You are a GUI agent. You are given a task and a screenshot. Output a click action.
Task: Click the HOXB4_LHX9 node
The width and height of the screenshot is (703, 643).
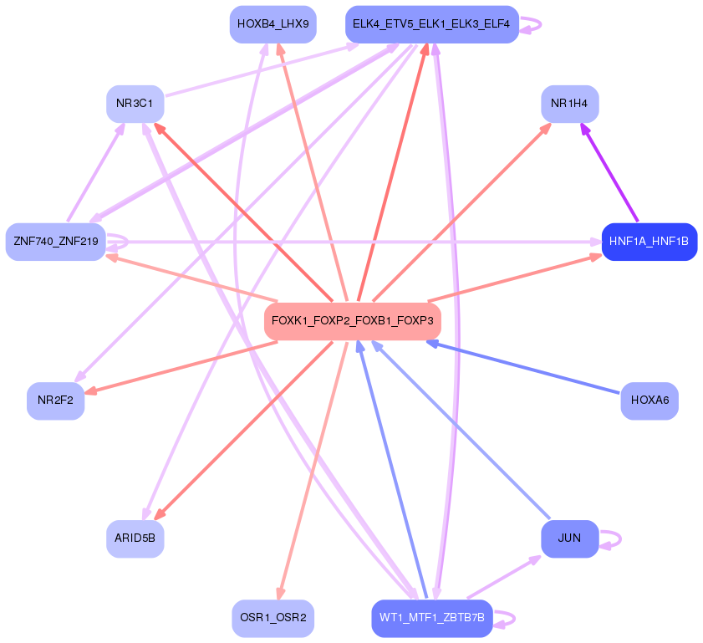273,24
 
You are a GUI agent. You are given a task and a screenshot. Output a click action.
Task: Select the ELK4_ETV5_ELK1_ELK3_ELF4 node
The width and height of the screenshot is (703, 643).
431,24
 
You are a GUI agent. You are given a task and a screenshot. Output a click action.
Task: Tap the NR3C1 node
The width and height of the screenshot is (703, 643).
135,104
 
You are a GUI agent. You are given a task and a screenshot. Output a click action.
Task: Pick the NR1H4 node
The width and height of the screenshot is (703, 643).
569,104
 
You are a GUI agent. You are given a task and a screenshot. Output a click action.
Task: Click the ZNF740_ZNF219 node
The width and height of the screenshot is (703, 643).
55,242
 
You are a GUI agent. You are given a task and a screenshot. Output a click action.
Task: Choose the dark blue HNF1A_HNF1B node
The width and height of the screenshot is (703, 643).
649,242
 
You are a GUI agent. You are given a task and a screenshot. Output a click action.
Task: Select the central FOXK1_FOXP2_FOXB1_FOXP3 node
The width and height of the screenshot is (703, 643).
352,321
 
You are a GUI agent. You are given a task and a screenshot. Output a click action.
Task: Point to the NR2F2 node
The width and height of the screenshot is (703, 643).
55,401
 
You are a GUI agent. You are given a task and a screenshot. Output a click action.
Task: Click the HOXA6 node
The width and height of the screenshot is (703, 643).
649,401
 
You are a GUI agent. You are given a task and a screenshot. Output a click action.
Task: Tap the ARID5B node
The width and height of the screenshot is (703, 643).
135,538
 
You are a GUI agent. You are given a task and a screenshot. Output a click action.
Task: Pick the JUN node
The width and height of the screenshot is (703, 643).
569,538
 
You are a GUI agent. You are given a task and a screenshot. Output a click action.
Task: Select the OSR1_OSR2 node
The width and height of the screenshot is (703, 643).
273,619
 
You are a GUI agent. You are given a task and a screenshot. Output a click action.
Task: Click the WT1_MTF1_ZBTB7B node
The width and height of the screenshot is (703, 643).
431,619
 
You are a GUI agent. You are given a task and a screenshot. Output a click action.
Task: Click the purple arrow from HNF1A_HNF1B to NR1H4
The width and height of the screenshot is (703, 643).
609,173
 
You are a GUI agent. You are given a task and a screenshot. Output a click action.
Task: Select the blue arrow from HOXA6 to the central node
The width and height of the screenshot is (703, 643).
527,367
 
